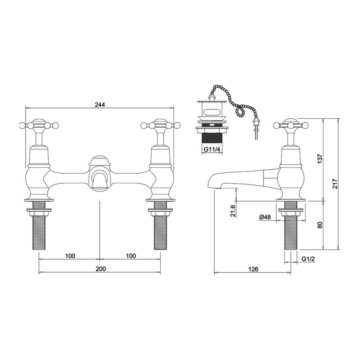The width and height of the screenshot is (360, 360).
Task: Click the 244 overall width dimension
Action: [100, 105]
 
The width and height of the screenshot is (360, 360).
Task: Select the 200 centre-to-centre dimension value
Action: [101, 269]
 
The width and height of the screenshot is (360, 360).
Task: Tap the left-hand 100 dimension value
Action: [70, 256]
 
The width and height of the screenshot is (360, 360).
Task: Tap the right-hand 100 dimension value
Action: [131, 256]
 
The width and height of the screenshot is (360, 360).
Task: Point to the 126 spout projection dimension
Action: [253, 269]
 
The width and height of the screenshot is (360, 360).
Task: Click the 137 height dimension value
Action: [320, 159]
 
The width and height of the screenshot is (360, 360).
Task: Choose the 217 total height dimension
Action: [335, 184]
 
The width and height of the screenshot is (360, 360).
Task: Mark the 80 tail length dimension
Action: [320, 225]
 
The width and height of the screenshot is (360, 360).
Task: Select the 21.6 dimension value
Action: [233, 211]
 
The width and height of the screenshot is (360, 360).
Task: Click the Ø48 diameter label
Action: [265, 217]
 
